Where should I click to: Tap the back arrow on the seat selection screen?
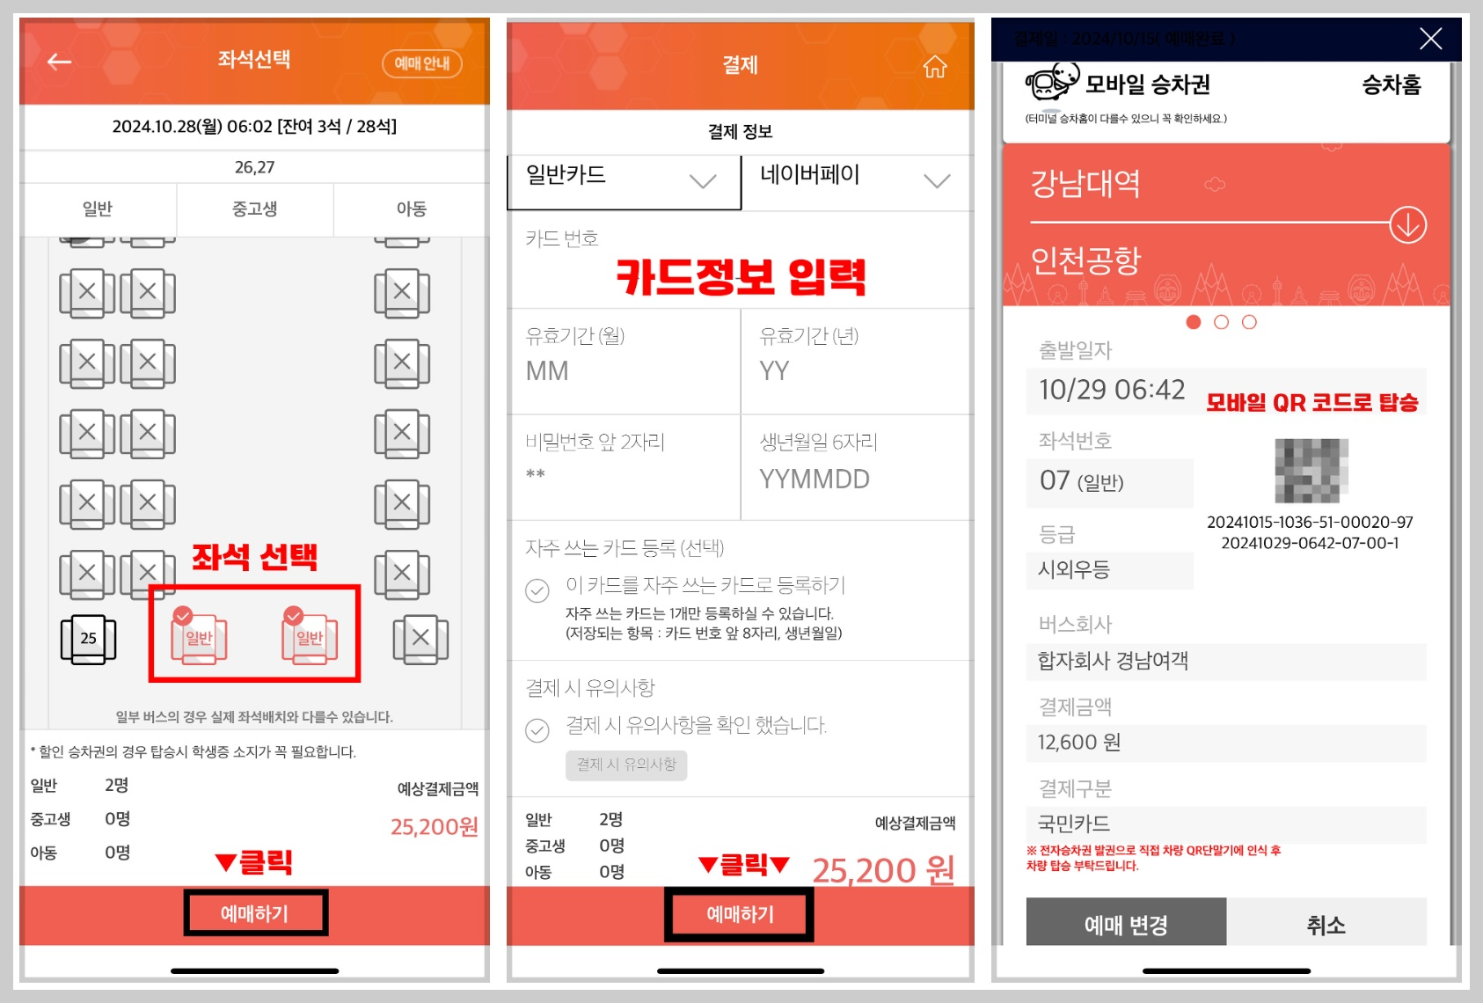coord(60,62)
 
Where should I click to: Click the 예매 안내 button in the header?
coord(421,63)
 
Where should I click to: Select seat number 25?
coord(88,639)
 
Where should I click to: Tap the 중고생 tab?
coord(254,209)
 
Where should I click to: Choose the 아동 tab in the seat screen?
coord(411,209)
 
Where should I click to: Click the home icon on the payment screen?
coord(934,67)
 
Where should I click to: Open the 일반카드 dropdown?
coord(624,179)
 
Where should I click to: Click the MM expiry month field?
coord(547,371)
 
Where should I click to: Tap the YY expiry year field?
coord(774,371)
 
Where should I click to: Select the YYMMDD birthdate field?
coord(815,480)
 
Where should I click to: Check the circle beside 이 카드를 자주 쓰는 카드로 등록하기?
coord(537,590)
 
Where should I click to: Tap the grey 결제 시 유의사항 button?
coord(626,765)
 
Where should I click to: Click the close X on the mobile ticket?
coord(1430,39)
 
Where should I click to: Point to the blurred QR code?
coord(1311,471)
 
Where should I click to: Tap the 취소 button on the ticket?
coord(1326,925)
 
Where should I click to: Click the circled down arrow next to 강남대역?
coord(1407,225)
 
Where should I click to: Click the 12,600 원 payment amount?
coord(1079,743)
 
